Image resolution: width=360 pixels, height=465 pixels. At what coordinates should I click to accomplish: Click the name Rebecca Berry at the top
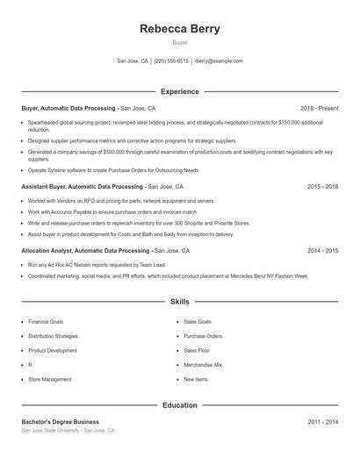(179, 28)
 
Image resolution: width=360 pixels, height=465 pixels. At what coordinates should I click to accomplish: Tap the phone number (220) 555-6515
(170, 61)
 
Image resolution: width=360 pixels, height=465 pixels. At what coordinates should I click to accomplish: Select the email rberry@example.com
(219, 61)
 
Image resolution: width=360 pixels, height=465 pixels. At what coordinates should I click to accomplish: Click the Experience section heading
(179, 91)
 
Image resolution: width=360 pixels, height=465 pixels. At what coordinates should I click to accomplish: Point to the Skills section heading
(179, 301)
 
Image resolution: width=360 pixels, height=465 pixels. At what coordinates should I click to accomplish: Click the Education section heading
(179, 405)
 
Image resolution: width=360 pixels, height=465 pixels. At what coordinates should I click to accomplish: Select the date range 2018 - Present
(319, 108)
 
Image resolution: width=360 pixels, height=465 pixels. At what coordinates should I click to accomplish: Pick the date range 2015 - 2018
(322, 187)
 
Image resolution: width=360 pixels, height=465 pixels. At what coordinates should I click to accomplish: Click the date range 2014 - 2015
(322, 251)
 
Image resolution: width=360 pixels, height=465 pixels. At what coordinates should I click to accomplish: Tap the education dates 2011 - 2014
(322, 422)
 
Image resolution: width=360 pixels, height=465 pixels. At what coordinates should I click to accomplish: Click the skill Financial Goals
(46, 322)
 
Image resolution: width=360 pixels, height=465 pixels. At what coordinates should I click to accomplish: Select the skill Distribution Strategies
(53, 336)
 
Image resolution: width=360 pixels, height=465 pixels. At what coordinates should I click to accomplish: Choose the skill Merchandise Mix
(203, 365)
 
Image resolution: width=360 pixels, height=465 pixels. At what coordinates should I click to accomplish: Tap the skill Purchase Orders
(203, 336)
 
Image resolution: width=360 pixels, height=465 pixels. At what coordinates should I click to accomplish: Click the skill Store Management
(50, 379)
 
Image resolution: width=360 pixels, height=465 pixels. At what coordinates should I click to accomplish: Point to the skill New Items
(196, 379)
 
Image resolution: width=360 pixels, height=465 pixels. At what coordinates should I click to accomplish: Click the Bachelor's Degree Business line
(61, 422)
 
